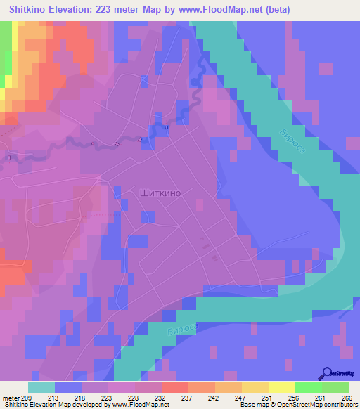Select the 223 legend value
[108, 398]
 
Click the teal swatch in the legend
[41, 387]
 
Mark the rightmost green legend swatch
[335, 387]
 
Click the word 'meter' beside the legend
[11, 398]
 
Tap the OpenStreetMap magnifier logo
[326, 374]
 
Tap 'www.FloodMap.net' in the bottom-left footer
[137, 405]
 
